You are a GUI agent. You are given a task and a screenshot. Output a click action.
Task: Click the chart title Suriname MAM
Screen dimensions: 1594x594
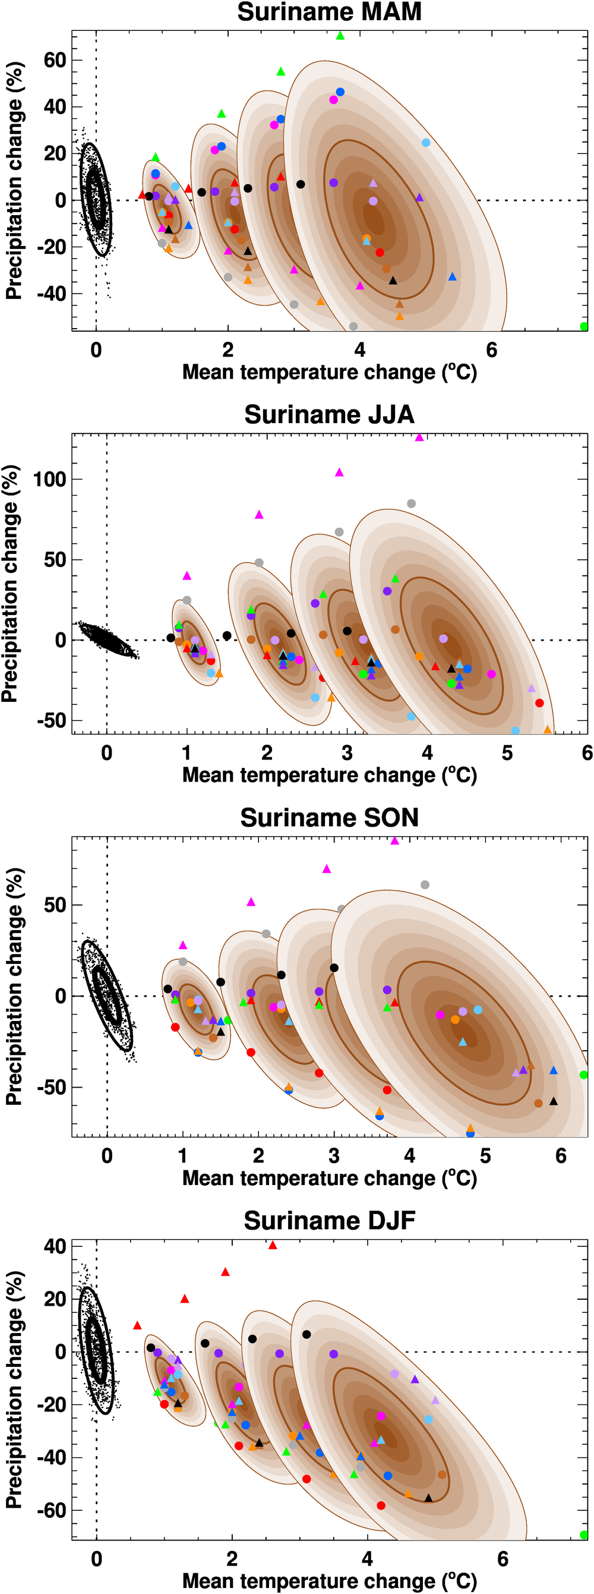pyautogui.click(x=329, y=12)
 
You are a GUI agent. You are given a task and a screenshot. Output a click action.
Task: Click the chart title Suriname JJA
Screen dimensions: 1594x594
pyautogui.click(x=329, y=415)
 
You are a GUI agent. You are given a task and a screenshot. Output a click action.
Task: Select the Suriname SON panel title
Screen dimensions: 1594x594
pyautogui.click(x=329, y=817)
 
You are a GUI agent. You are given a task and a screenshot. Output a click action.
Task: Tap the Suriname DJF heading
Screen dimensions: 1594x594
pyautogui.click(x=329, y=1220)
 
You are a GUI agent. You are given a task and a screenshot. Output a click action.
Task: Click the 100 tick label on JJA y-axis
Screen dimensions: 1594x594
pyautogui.click(x=49, y=479)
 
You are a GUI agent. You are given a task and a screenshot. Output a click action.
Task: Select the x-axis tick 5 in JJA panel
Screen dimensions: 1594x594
pyautogui.click(x=507, y=752)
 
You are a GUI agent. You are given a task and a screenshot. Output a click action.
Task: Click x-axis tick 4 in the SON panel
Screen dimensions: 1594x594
pyautogui.click(x=410, y=1155)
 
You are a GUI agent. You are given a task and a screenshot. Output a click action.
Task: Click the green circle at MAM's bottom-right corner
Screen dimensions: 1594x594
pyautogui.click(x=583, y=326)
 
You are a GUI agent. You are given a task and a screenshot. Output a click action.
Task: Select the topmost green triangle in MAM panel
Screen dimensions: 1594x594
pyautogui.click(x=340, y=36)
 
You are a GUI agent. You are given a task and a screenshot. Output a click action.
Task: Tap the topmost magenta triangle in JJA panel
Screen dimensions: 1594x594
pyautogui.click(x=419, y=437)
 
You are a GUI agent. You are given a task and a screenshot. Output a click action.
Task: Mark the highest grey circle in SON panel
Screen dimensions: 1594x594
pyautogui.click(x=425, y=885)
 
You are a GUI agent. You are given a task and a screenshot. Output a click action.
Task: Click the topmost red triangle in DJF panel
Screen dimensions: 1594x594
pyautogui.click(x=272, y=1245)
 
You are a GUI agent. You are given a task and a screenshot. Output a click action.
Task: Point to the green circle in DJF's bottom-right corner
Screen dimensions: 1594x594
pyautogui.click(x=583, y=1535)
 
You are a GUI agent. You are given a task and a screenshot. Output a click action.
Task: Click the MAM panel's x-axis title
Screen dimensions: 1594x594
pyautogui.click(x=329, y=372)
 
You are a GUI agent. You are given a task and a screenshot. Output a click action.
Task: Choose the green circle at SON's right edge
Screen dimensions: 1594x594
pyautogui.click(x=583, y=1075)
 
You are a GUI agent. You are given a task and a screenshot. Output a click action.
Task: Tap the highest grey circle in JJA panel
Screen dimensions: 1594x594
pyautogui.click(x=411, y=503)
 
